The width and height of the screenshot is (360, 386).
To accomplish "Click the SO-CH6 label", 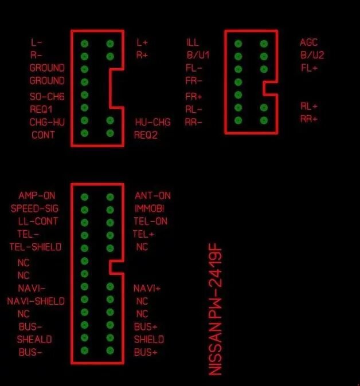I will tap(47, 96).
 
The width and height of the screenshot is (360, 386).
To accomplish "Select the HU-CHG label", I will tap(153, 122).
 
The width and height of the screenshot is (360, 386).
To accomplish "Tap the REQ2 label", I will tap(146, 135).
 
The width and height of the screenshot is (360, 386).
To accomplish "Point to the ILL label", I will tap(192, 42).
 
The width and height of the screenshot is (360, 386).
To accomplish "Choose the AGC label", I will tap(308, 42).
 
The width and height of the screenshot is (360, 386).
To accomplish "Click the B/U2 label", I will tap(312, 56).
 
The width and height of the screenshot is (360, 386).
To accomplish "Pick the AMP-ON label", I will tap(37, 196).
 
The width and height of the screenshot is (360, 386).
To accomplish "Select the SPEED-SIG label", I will tap(34, 208).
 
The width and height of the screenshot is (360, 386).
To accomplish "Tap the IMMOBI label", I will tap(149, 208).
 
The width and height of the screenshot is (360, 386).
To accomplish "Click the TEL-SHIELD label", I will tap(36, 247).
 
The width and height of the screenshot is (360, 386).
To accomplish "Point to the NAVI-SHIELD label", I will tap(36, 301).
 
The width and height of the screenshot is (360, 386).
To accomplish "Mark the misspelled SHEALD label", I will tap(34, 339).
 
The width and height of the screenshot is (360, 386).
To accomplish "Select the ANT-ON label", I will tap(152, 196).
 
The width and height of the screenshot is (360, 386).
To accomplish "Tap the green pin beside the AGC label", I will tap(264, 43).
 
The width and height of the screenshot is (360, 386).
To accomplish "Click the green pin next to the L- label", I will tap(85, 43).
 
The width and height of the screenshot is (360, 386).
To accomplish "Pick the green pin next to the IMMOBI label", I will tap(110, 209).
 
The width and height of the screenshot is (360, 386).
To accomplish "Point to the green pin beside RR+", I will tap(264, 120).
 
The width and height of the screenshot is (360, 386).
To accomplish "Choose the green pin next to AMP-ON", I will tap(85, 196).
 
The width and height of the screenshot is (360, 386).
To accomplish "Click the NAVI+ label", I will tap(147, 288).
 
